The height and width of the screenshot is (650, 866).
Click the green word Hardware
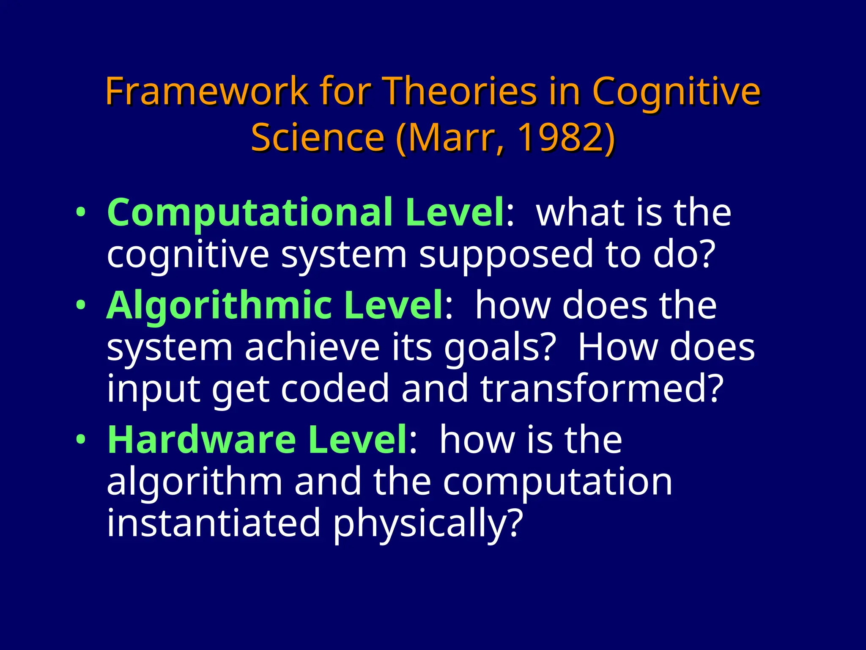(x=202, y=440)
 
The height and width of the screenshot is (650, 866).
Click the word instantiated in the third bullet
(x=214, y=523)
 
